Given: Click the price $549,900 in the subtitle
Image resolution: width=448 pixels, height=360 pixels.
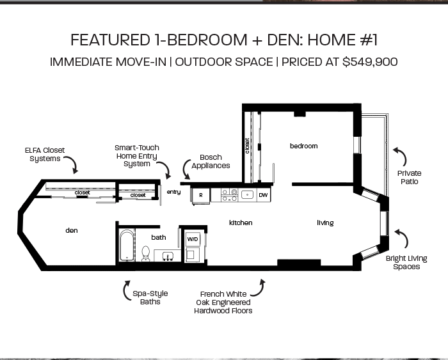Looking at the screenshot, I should tap(370, 62).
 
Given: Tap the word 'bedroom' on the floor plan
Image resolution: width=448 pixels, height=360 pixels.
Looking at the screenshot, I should tap(303, 146).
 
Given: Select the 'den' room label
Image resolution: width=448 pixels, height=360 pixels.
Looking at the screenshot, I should tap(72, 230).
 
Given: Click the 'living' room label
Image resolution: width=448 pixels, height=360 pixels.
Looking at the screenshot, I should tap(325, 223).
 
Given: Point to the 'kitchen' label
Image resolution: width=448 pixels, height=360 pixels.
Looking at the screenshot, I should tap(241, 223).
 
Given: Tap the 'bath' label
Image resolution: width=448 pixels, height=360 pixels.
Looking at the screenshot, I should tap(159, 237).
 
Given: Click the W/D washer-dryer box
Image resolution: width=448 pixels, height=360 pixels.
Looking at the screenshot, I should tap(193, 239).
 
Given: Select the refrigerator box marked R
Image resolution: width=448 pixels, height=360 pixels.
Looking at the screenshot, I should tap(201, 194).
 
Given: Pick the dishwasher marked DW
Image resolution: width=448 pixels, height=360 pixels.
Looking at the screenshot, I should tap(263, 194).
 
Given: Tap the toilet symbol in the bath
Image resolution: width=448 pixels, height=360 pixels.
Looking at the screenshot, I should tap(145, 254).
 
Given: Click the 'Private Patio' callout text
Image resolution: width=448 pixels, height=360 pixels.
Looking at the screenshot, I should tap(409, 177).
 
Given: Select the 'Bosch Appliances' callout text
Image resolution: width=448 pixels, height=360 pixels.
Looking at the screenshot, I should tap(211, 161).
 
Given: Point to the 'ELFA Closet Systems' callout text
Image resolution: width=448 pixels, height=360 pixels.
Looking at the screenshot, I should tap(45, 154).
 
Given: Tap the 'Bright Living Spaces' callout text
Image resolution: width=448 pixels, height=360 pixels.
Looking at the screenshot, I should tap(406, 263).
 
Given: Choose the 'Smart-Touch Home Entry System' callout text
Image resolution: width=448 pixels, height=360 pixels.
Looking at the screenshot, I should tap(137, 155).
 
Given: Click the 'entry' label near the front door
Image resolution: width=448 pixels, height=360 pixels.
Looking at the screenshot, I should tap(173, 192).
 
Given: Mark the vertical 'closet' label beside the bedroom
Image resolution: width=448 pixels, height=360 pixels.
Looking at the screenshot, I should tap(247, 146).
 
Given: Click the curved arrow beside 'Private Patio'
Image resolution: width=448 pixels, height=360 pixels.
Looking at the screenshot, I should tap(399, 155).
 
